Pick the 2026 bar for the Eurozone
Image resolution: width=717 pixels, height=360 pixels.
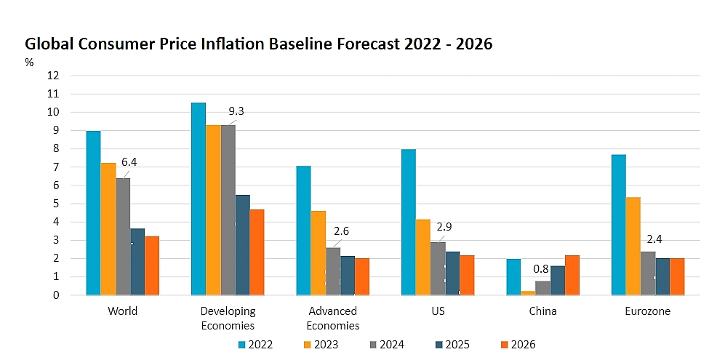point(677,276)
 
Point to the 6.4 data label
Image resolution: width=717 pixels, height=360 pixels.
point(129,162)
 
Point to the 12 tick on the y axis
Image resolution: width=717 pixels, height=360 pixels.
point(54,76)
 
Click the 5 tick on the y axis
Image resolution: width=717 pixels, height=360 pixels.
point(56,204)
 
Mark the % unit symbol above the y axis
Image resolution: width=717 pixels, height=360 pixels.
point(29,63)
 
